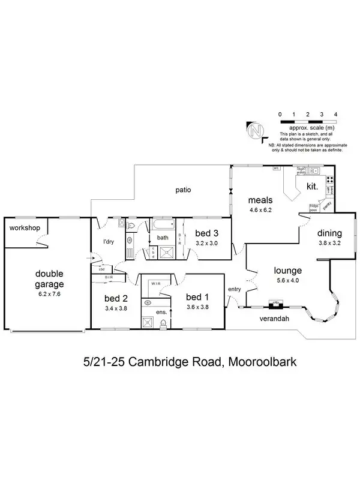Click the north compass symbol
(x=257, y=131)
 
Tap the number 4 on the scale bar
(x=335, y=114)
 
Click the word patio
(x=183, y=190)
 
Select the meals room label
(x=261, y=200)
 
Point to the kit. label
(x=312, y=187)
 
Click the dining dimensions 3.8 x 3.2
(x=329, y=244)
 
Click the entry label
(x=234, y=290)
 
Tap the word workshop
(x=25, y=228)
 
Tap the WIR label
(x=155, y=283)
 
